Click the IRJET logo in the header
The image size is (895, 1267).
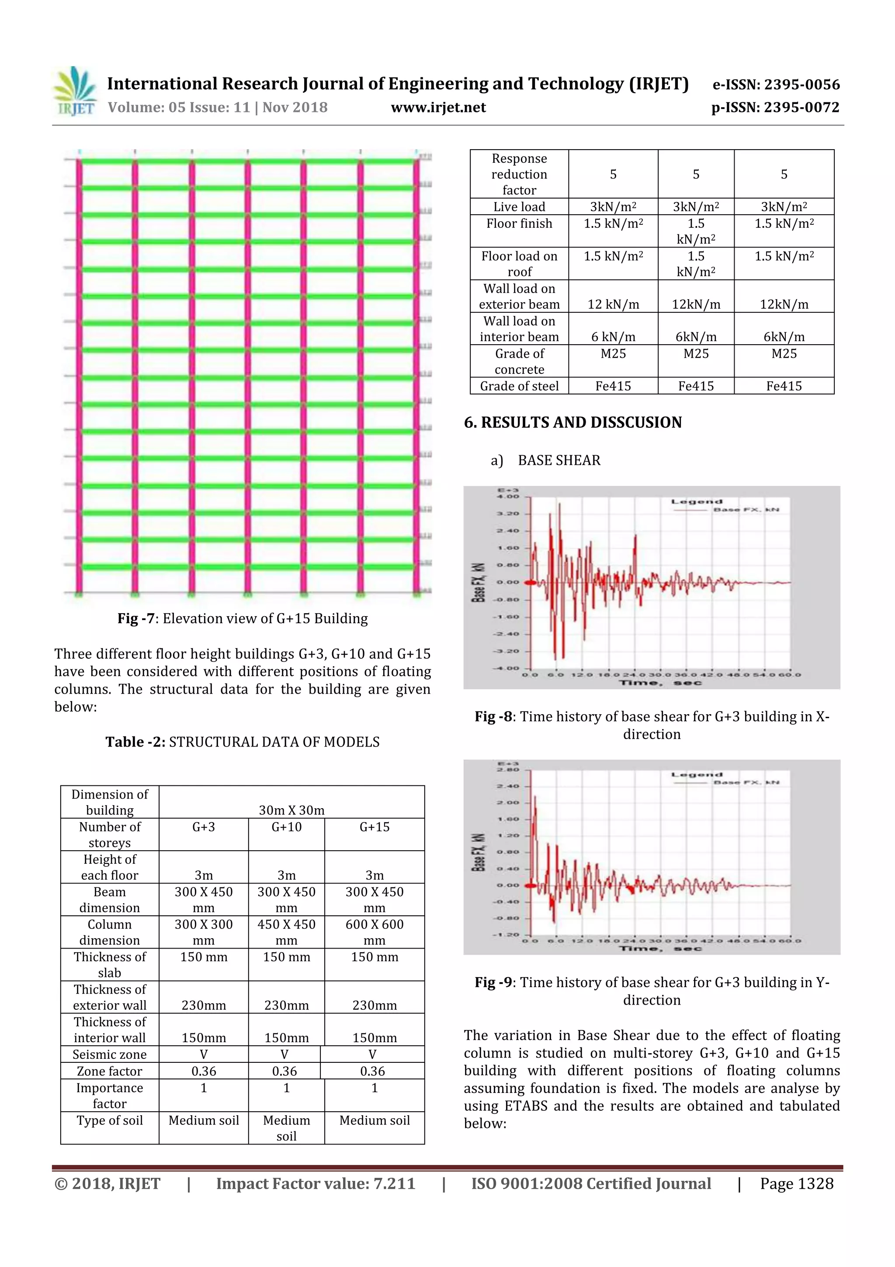[76, 91]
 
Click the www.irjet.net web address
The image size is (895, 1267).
[438, 107]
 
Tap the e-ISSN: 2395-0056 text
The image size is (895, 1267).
[776, 84]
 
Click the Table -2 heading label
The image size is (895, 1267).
[135, 742]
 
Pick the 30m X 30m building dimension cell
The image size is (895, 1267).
[292, 810]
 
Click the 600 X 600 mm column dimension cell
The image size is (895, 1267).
[375, 932]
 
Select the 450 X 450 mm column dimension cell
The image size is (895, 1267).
[286, 932]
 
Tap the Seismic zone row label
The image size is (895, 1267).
[110, 1054]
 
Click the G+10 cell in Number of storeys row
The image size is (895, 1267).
[286, 827]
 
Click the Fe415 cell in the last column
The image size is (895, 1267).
[784, 386]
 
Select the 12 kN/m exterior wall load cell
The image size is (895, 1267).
[613, 304]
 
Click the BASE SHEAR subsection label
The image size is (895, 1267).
[559, 460]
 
